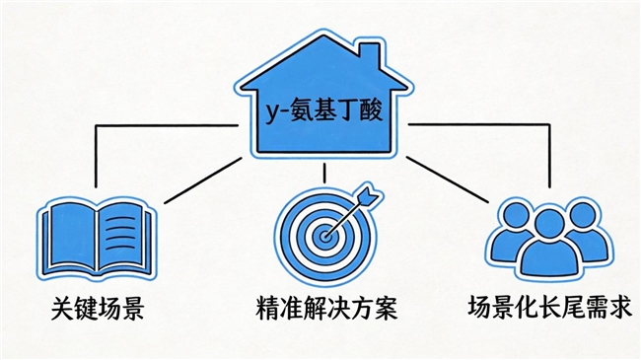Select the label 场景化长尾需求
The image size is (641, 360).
tap(548, 310)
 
